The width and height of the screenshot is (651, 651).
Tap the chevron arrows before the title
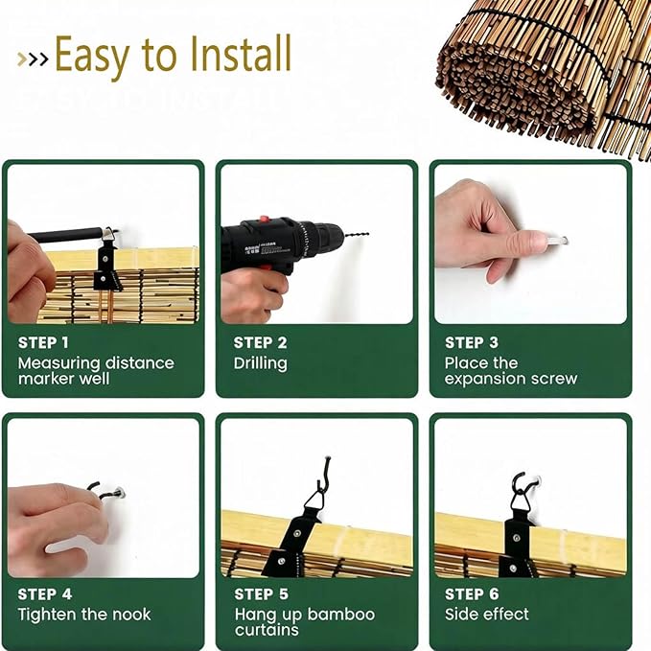(x=33, y=59)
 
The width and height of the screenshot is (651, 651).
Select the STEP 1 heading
(x=43, y=343)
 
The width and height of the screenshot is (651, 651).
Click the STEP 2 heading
(x=261, y=343)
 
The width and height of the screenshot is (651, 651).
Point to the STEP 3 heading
(x=471, y=343)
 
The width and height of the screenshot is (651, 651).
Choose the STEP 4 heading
(x=45, y=594)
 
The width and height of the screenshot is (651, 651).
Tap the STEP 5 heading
(x=261, y=594)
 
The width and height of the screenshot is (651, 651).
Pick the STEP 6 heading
(x=472, y=594)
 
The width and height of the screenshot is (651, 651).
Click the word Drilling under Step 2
(x=261, y=363)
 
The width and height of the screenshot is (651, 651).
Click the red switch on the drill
(x=264, y=220)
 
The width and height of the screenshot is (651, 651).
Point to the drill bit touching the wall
(x=357, y=236)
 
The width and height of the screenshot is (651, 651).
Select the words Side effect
(x=487, y=614)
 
